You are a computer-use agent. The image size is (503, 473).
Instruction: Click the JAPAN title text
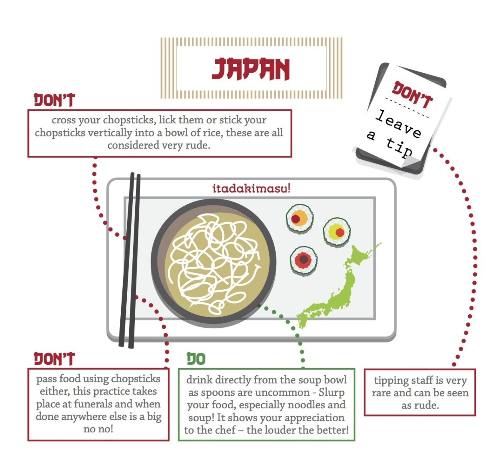[251, 69]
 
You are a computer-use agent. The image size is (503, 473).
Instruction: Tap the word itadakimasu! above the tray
[251, 188]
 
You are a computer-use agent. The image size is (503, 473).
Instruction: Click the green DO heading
[196, 359]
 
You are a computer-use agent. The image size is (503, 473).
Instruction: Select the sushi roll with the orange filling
[299, 218]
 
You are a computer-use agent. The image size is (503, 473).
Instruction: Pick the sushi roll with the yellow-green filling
[337, 232]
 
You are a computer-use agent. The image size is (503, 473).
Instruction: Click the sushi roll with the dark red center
[303, 260]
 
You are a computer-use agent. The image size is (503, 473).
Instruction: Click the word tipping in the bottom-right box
[392, 380]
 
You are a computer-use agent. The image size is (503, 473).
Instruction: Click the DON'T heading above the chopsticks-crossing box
[54, 100]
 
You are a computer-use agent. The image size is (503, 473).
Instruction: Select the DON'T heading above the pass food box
[54, 359]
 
